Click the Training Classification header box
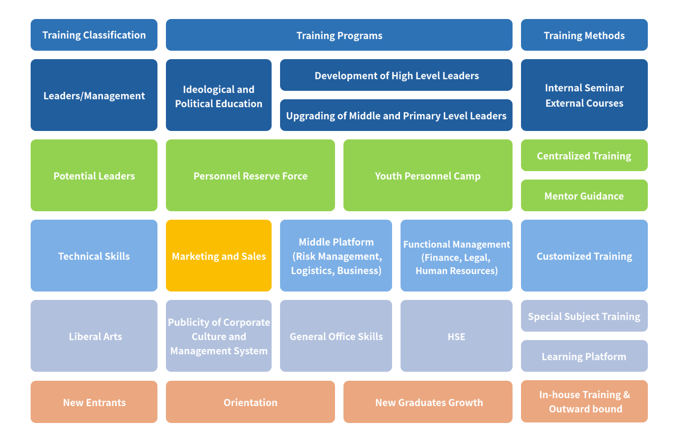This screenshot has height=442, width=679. [x=94, y=35]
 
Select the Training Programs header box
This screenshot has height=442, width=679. [x=339, y=35]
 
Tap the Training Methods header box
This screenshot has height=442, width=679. [x=584, y=35]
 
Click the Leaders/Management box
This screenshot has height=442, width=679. [x=94, y=96]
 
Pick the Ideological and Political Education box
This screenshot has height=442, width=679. [x=219, y=96]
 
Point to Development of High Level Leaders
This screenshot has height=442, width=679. [x=396, y=76]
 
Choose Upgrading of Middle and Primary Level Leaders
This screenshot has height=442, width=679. [x=396, y=116]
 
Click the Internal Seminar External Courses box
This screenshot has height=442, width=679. [x=584, y=96]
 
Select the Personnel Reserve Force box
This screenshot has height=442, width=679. [x=250, y=176]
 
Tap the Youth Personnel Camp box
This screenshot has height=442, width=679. [x=428, y=176]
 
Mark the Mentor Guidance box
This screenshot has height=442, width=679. [x=584, y=196]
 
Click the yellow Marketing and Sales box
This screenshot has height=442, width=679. [x=219, y=256]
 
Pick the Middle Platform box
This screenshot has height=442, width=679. [x=336, y=256]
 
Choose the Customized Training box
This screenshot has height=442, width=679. [x=584, y=256]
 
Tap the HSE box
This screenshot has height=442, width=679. [x=457, y=336]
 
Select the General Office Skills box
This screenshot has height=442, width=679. [x=336, y=336]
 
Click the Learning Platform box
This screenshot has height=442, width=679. [x=584, y=356]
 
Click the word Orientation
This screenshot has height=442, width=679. [x=250, y=402]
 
